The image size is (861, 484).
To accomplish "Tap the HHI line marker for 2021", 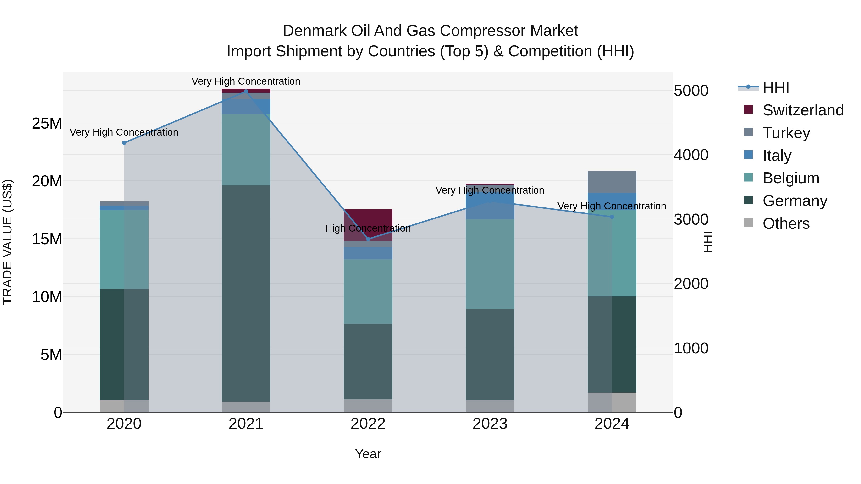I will (x=246, y=92).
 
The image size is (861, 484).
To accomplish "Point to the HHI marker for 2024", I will (x=612, y=217).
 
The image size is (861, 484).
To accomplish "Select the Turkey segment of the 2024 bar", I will (x=612, y=182).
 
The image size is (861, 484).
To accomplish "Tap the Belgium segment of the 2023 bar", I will (x=490, y=264).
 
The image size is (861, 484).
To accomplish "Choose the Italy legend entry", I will (x=777, y=156).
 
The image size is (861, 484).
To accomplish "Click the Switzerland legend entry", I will (x=803, y=110).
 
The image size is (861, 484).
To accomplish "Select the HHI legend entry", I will (x=775, y=87).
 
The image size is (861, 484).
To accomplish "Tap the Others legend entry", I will (x=786, y=223).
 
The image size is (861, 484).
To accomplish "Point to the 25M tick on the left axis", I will (x=47, y=124).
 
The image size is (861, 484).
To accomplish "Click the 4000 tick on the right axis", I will (x=691, y=155).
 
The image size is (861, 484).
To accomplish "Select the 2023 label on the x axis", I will (x=490, y=424).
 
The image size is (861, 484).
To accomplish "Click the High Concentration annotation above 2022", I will (x=368, y=228).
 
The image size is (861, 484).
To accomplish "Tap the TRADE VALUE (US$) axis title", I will (x=8, y=242).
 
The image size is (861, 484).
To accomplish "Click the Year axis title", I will (x=368, y=454).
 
